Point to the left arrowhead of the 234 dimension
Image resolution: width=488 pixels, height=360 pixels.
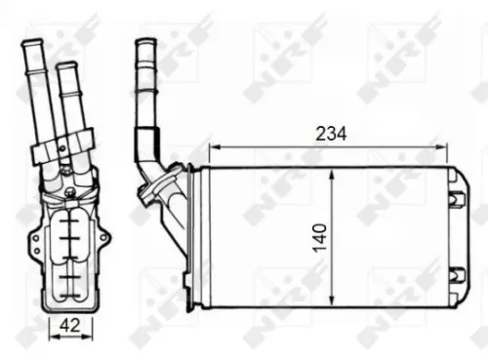[216, 147]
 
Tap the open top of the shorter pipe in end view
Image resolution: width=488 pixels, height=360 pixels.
[66, 68]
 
